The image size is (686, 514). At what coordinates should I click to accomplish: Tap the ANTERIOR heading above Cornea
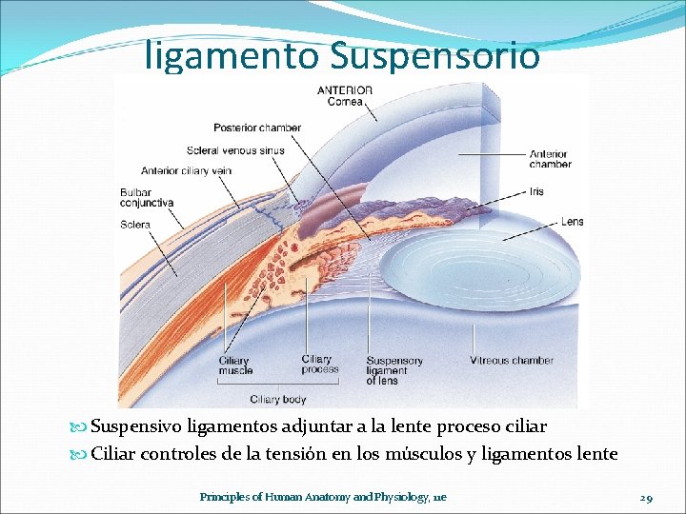click(x=345, y=90)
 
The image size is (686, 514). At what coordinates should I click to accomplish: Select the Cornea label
click(x=345, y=102)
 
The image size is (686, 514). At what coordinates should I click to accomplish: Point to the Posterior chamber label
click(x=257, y=128)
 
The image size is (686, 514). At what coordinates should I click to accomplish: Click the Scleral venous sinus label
click(x=235, y=150)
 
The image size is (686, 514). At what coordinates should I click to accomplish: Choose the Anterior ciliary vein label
click(x=187, y=171)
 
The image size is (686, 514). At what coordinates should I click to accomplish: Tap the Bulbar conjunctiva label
click(x=147, y=197)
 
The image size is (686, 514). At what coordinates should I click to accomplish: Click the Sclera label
click(x=135, y=225)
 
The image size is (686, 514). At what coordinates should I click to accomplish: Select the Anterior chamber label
click(x=550, y=158)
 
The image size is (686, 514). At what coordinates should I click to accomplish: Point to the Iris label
click(x=536, y=191)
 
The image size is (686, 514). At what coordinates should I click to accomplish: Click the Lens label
click(x=572, y=222)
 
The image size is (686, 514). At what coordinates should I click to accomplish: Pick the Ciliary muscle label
click(x=234, y=366)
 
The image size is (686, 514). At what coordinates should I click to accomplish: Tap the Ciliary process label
click(x=319, y=365)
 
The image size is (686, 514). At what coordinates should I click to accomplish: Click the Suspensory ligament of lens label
click(x=394, y=371)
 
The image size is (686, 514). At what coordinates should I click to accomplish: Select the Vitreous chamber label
click(x=511, y=361)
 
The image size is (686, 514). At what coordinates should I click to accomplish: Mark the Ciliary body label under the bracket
click(x=278, y=400)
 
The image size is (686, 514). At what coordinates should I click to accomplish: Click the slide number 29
click(x=645, y=497)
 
